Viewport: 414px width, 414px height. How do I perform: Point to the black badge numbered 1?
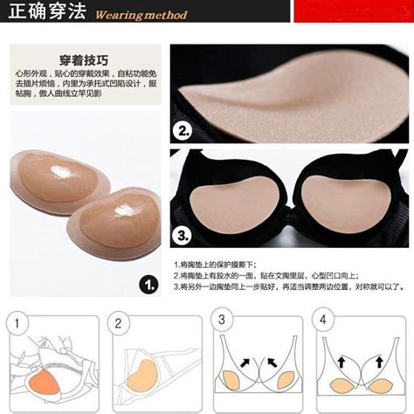(148, 284)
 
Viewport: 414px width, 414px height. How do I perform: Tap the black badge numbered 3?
(183, 235)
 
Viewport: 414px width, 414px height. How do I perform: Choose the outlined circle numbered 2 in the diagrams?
(117, 325)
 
